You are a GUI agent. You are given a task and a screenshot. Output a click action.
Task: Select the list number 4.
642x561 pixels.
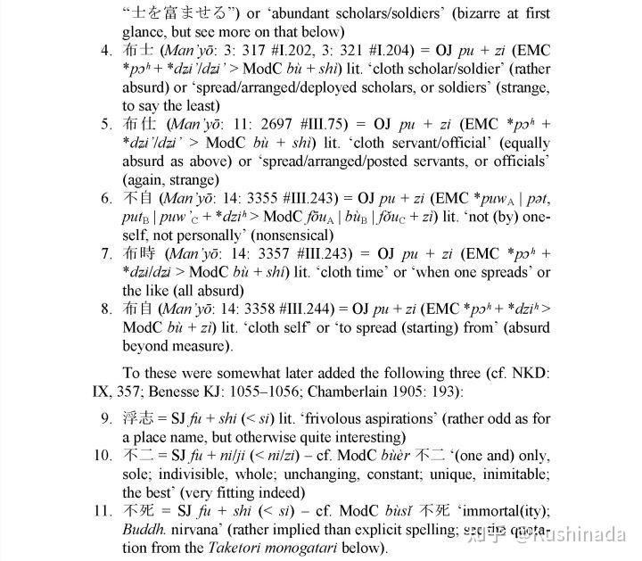[x=106, y=47]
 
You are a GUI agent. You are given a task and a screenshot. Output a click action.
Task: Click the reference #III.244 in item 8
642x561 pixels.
[x=309, y=309]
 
